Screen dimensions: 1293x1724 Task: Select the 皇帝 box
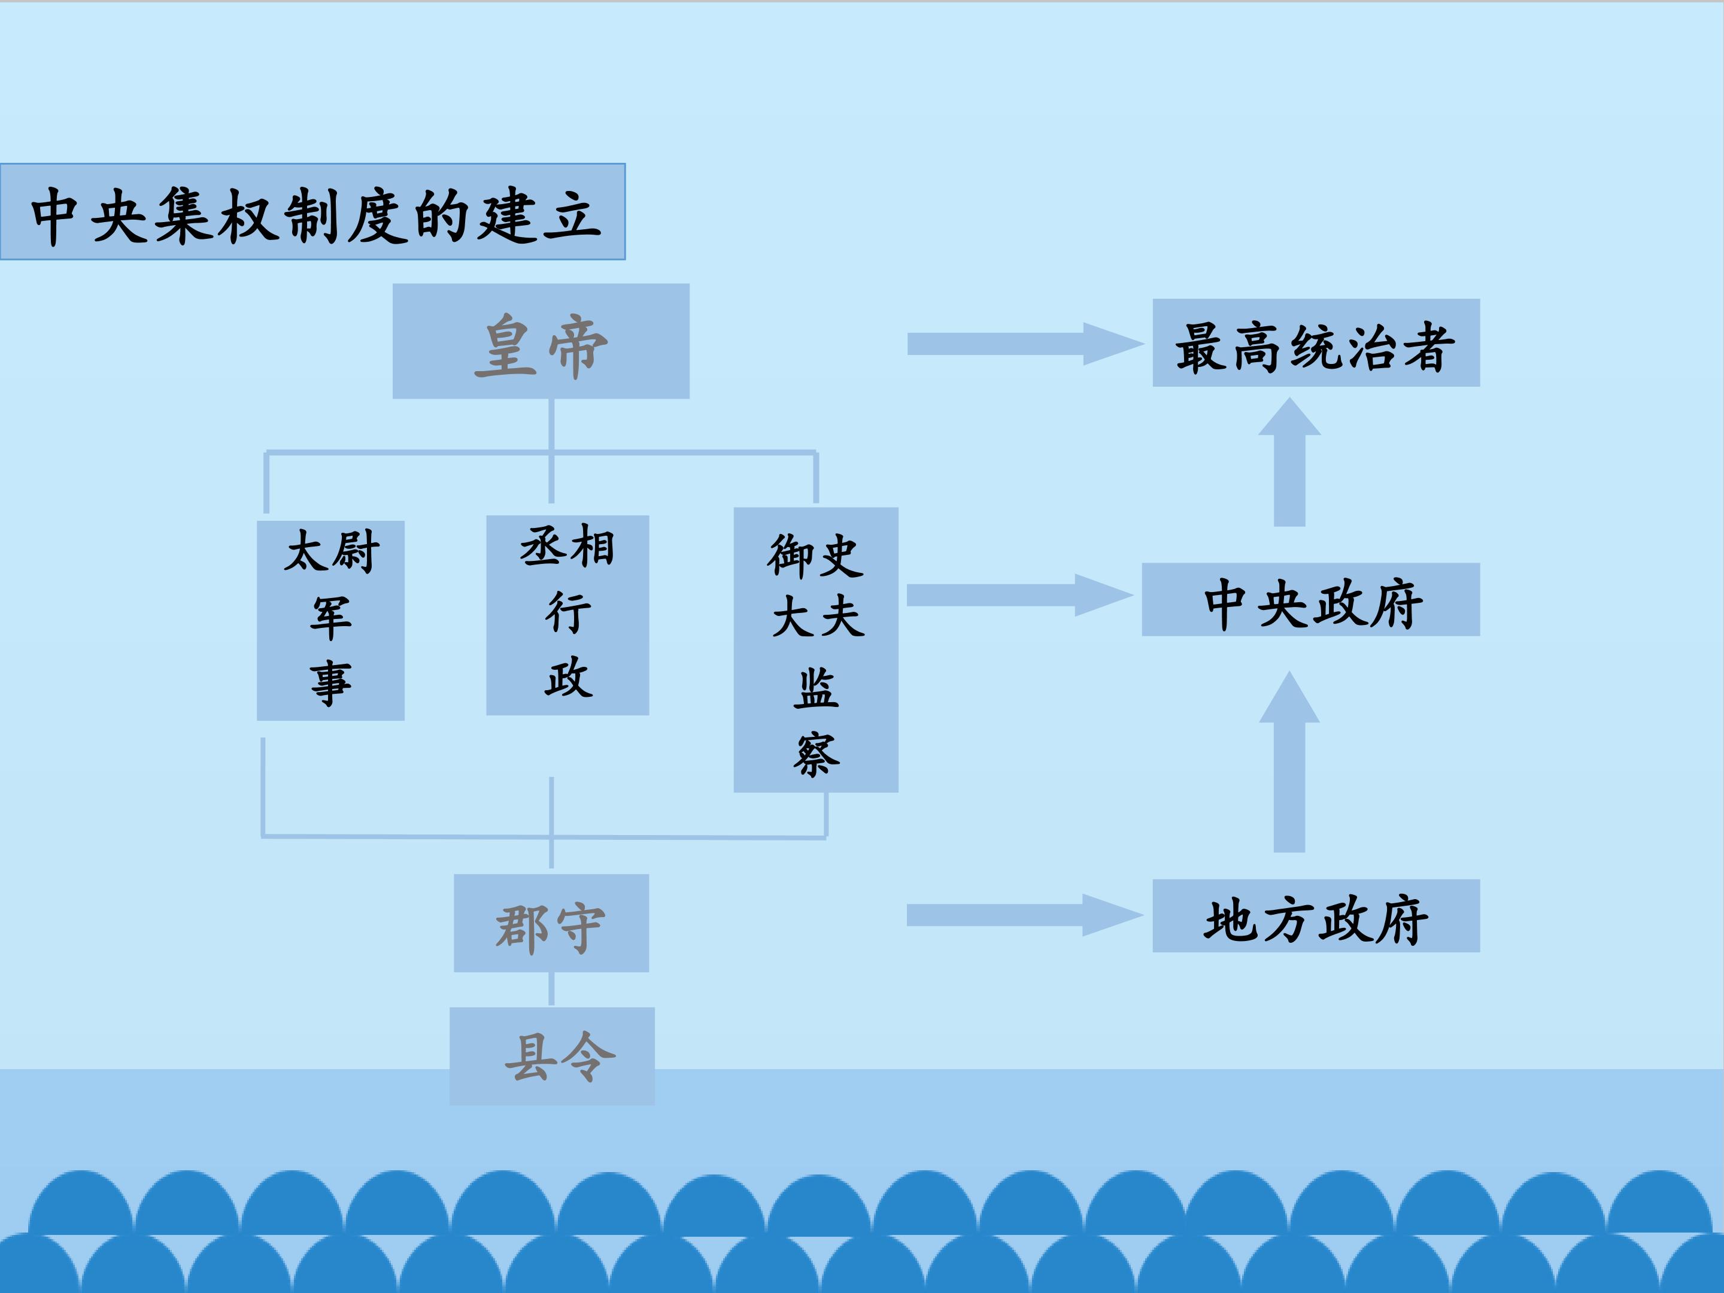coord(541,341)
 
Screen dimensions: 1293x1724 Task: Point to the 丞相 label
coord(567,547)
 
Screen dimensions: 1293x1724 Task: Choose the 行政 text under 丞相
coord(567,645)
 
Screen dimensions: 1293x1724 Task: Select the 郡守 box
coord(551,924)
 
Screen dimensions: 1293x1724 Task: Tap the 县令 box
coord(553,1056)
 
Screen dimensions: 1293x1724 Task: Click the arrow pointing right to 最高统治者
coord(1021,344)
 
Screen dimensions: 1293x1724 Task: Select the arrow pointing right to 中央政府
coord(1017,596)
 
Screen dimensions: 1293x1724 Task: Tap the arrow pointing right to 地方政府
coord(1021,915)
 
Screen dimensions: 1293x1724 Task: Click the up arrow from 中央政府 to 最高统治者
coord(1289,468)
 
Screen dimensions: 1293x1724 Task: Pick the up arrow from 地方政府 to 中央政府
coord(1289,772)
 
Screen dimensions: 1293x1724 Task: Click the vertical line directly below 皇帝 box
coord(552,425)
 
